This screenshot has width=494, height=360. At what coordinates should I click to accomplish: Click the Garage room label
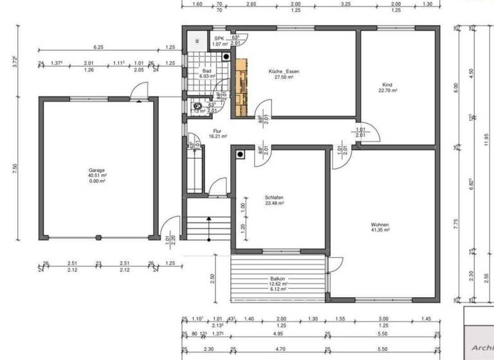97,170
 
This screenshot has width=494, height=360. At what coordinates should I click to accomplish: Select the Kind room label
387,85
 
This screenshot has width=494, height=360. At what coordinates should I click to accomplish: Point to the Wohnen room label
380,224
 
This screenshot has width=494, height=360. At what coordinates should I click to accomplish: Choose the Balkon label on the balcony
278,278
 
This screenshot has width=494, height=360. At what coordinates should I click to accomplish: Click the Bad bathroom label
206,71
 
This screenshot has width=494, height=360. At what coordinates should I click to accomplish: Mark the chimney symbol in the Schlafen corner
240,154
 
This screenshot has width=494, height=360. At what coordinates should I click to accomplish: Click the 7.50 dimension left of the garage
15,168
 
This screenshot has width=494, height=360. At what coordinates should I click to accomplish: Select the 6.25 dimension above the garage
98,47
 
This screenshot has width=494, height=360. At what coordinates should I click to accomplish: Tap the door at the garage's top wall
136,94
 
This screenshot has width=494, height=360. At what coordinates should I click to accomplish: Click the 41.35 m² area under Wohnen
380,230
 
